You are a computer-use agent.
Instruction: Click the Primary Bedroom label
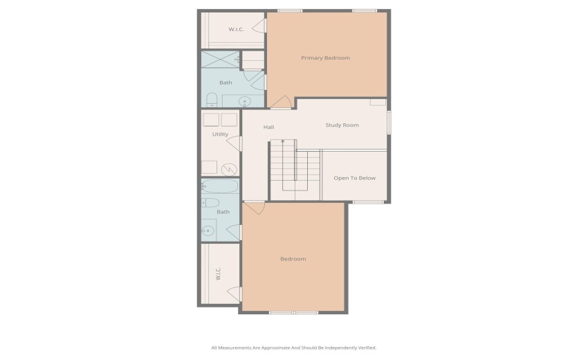coord(325,57)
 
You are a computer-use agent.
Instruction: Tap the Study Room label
coord(342,125)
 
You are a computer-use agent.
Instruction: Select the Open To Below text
coord(354,178)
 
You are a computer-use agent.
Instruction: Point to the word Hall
coord(269,127)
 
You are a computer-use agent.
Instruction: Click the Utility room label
coord(220,134)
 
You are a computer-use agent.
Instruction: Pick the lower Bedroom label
coord(293,259)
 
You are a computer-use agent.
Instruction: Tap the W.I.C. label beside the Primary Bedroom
coord(237,29)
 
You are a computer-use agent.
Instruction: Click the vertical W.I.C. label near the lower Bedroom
coord(218,273)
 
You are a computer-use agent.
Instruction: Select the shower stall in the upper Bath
coord(219,60)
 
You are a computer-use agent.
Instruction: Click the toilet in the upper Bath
coord(212,99)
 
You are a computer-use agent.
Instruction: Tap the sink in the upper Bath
coord(246,102)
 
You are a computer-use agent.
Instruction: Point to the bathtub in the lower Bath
coord(219,186)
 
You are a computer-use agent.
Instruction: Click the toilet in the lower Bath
coord(210,203)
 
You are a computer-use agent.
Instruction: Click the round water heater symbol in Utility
coord(228,168)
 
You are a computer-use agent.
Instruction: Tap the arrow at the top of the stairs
coord(282,141)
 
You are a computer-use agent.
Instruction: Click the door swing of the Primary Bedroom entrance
coord(280,103)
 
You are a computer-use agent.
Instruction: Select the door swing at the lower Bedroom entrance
coord(254,207)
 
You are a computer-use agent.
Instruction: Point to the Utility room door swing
coord(235,143)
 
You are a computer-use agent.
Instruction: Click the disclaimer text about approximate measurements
coord(293,348)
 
